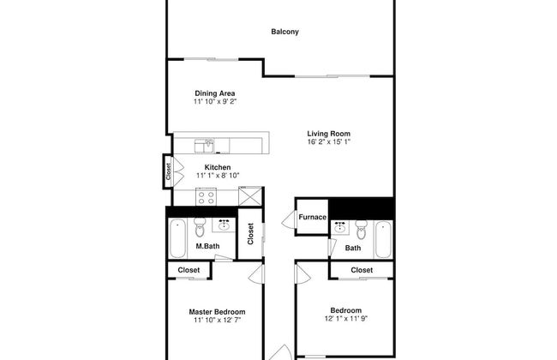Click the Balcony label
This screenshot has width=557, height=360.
(284, 32)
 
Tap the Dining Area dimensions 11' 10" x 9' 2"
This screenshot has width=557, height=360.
(215, 102)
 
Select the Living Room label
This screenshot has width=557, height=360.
(328, 134)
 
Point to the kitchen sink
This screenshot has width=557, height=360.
(204, 146)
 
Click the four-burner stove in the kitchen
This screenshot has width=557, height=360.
(206, 197)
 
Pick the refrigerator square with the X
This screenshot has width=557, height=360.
(250, 196)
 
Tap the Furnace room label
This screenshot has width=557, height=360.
(312, 217)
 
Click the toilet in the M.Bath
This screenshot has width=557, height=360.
(200, 227)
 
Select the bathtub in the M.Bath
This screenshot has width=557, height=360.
(177, 238)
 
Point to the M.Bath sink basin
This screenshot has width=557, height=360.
(224, 225)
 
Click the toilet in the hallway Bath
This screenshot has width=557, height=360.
(362, 230)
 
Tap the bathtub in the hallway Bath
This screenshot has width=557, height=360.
(383, 239)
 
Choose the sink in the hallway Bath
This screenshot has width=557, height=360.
(340, 227)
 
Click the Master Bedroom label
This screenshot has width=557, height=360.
(217, 312)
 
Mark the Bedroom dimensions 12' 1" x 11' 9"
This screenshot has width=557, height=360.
(345, 318)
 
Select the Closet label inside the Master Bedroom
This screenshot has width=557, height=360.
(189, 270)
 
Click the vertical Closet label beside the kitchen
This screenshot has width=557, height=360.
(168, 171)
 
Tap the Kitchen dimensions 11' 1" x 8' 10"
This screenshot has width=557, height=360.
(218, 176)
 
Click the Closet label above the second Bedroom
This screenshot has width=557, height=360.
(362, 270)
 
